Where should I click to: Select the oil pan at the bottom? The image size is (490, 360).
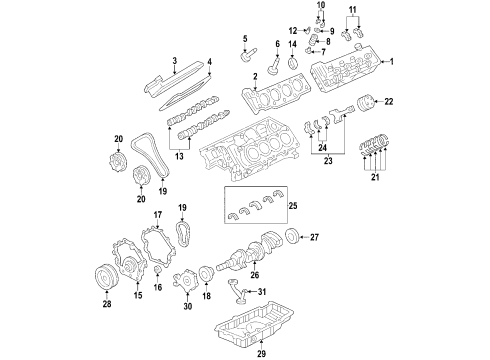coord(263,325)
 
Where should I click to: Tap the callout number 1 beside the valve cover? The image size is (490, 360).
coord(391,63)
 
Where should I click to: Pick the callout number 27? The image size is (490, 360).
coord(313,237)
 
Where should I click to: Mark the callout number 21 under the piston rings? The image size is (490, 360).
coord(375,178)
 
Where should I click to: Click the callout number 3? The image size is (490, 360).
coord(174,62)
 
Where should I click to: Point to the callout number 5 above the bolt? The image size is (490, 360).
coord(243,39)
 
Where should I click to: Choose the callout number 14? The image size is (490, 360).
coord(293,45)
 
